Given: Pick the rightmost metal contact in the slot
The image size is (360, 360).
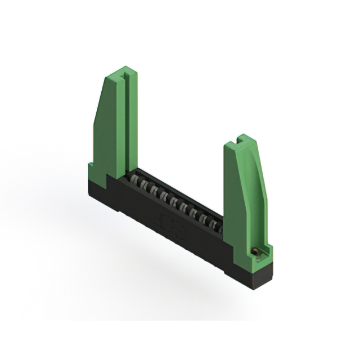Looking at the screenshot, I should tap(216, 225).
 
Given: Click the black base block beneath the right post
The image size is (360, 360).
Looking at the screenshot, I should tap(256, 276).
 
